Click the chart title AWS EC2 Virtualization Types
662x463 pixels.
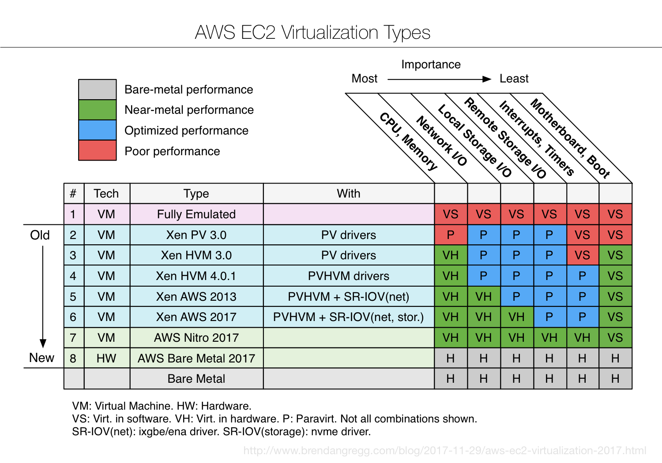point(312,33)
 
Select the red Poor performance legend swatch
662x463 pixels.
point(97,150)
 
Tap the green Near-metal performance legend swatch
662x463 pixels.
point(97,110)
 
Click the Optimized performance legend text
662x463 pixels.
point(186,131)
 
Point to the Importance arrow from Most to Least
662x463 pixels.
point(439,79)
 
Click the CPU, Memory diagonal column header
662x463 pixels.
point(408,142)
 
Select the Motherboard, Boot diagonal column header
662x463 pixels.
point(570,138)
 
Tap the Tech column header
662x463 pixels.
point(106,194)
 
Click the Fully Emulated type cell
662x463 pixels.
point(196,214)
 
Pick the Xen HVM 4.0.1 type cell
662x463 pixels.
point(196,276)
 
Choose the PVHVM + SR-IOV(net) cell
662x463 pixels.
point(348,297)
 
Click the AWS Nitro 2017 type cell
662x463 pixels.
point(196,338)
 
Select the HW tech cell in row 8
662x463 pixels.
point(106,358)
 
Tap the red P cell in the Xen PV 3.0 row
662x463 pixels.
point(451,235)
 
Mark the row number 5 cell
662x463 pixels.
point(73,297)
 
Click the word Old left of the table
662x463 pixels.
point(40,235)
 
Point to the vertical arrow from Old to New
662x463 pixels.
point(43,295)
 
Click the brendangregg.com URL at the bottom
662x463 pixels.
point(444,451)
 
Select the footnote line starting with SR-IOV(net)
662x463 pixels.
point(221,432)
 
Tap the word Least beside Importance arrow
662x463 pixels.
point(514,78)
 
